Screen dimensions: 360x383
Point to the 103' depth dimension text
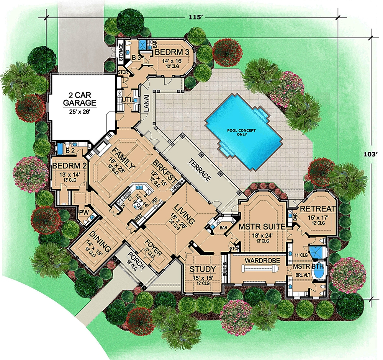coord(370,155)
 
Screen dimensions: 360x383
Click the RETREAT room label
coord(318,209)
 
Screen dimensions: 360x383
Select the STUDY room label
coord(203,269)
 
